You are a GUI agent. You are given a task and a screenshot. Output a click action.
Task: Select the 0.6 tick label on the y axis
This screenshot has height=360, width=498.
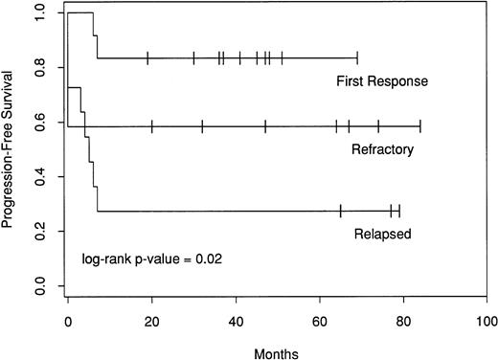click(36, 123)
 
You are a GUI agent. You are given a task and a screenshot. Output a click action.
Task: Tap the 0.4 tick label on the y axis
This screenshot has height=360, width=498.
click(36, 177)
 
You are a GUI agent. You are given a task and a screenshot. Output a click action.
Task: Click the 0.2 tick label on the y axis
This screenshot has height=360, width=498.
click(36, 231)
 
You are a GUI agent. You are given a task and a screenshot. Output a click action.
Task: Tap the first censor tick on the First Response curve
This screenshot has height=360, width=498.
click(147, 58)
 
